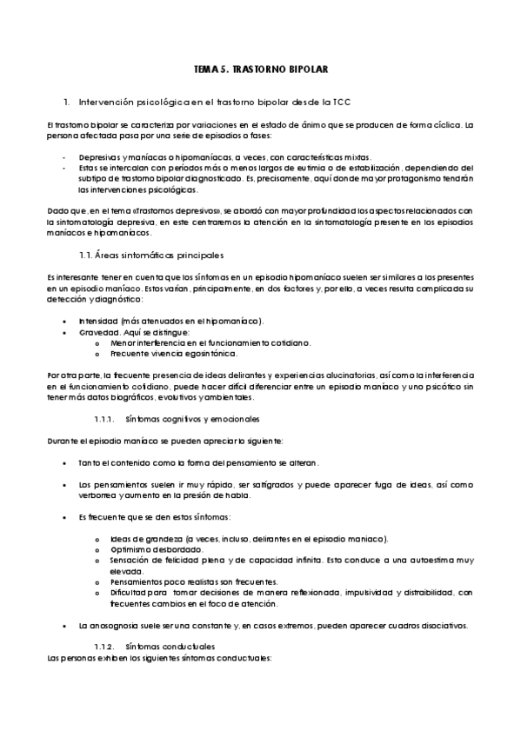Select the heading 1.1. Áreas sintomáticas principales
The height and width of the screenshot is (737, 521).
coord(150,255)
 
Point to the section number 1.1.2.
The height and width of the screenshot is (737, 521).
coord(104,647)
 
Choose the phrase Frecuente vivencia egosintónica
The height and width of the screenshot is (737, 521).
coord(163,353)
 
